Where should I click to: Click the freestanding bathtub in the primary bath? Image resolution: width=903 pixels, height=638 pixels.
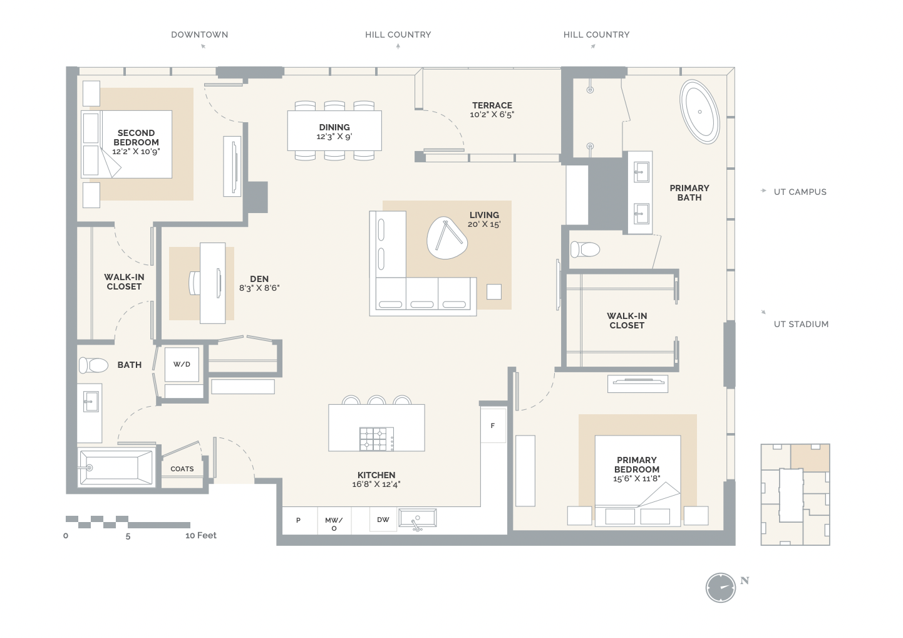click(699, 112)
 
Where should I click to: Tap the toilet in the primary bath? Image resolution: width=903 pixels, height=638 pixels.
click(585, 249)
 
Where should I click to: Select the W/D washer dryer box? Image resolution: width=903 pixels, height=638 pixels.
click(182, 364)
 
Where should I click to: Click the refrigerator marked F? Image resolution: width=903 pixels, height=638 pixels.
click(493, 426)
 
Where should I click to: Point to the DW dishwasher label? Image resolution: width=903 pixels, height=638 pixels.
click(383, 520)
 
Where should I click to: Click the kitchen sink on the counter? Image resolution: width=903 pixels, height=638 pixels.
click(417, 519)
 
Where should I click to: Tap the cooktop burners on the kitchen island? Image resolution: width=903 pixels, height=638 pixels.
click(374, 439)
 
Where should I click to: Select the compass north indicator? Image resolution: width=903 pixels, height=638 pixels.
click(721, 588)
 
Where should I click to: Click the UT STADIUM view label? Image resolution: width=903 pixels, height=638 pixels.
click(801, 324)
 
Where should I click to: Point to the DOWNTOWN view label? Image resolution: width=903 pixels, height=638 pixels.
click(199, 34)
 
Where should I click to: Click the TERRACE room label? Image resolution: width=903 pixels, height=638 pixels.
click(492, 105)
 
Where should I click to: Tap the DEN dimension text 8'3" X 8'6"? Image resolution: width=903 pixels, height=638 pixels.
click(259, 288)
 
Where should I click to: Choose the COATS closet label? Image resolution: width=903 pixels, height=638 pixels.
click(182, 469)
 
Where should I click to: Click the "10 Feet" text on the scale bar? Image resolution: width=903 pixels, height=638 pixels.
click(201, 535)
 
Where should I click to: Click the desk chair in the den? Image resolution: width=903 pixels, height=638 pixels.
click(194, 283)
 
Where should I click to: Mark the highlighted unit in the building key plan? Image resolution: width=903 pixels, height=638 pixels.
click(810, 458)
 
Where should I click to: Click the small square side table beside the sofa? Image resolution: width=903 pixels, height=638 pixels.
click(494, 291)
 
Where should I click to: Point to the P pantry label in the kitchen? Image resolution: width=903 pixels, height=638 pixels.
click(298, 520)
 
